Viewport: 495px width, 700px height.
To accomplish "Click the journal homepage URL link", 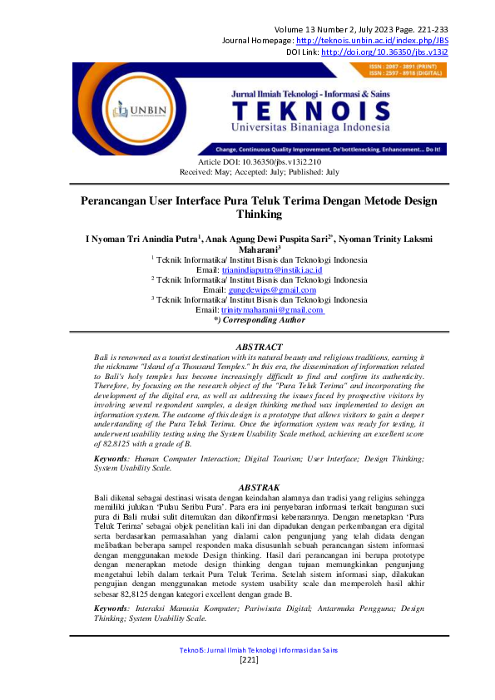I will coord(373,41).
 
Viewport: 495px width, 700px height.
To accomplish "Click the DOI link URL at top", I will coord(384,52).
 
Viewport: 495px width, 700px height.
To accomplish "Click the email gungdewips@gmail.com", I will coord(265,289).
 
